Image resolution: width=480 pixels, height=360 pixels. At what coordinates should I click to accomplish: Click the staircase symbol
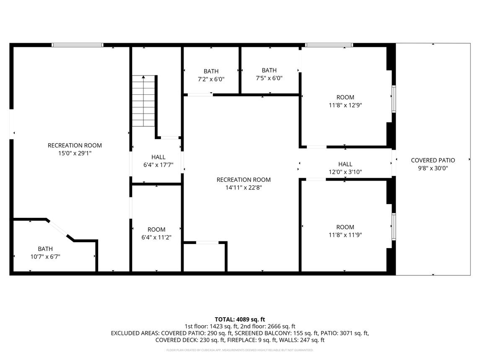[143, 101]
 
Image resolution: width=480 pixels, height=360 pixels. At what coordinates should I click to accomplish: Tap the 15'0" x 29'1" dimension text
[75, 153]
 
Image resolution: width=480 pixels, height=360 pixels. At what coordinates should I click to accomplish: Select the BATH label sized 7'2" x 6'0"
[211, 71]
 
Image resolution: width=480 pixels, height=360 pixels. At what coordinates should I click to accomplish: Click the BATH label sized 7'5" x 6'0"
[270, 70]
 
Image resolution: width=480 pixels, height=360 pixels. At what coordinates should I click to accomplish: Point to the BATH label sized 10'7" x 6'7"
[45, 249]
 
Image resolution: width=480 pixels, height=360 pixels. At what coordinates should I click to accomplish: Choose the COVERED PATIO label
[433, 160]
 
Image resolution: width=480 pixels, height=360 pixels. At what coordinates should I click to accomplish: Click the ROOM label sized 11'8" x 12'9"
[345, 97]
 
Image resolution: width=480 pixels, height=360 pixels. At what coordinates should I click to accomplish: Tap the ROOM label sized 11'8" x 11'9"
[345, 227]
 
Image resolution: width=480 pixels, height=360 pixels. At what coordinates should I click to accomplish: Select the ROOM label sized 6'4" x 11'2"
[156, 230]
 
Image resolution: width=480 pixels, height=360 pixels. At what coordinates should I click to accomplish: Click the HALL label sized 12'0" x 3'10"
[345, 164]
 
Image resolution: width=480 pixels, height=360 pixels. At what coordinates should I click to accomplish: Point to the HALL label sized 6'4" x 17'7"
[158, 157]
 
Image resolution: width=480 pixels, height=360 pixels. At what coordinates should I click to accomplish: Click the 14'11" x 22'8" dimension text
[244, 188]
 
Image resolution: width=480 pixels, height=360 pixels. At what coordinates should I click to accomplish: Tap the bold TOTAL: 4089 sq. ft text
[240, 320]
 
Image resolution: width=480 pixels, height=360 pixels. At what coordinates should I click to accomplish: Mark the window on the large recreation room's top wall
[78, 45]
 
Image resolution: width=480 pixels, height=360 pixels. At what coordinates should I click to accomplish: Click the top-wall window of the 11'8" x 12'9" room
[329, 45]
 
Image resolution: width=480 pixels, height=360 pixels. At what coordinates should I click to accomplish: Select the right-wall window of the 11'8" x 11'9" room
[394, 227]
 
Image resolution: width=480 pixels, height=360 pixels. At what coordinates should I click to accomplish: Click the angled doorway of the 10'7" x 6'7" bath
[57, 228]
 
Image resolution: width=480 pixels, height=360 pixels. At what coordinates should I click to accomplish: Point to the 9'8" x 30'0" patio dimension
[433, 168]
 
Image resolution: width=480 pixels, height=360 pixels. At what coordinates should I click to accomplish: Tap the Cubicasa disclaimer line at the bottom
[240, 350]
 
